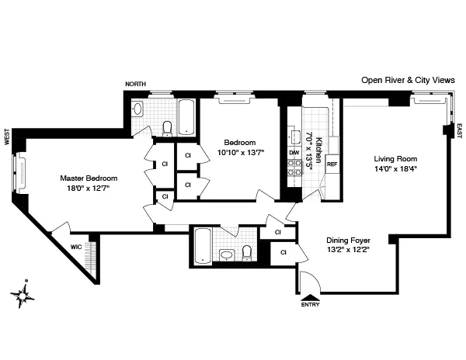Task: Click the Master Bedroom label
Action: tap(88, 178)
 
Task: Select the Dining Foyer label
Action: tap(353, 241)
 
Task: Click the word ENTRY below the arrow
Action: tap(310, 305)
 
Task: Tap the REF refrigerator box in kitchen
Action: tap(332, 164)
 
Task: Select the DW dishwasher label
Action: tap(294, 153)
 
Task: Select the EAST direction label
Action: tap(458, 130)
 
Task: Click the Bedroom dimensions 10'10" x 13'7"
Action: tap(239, 153)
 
